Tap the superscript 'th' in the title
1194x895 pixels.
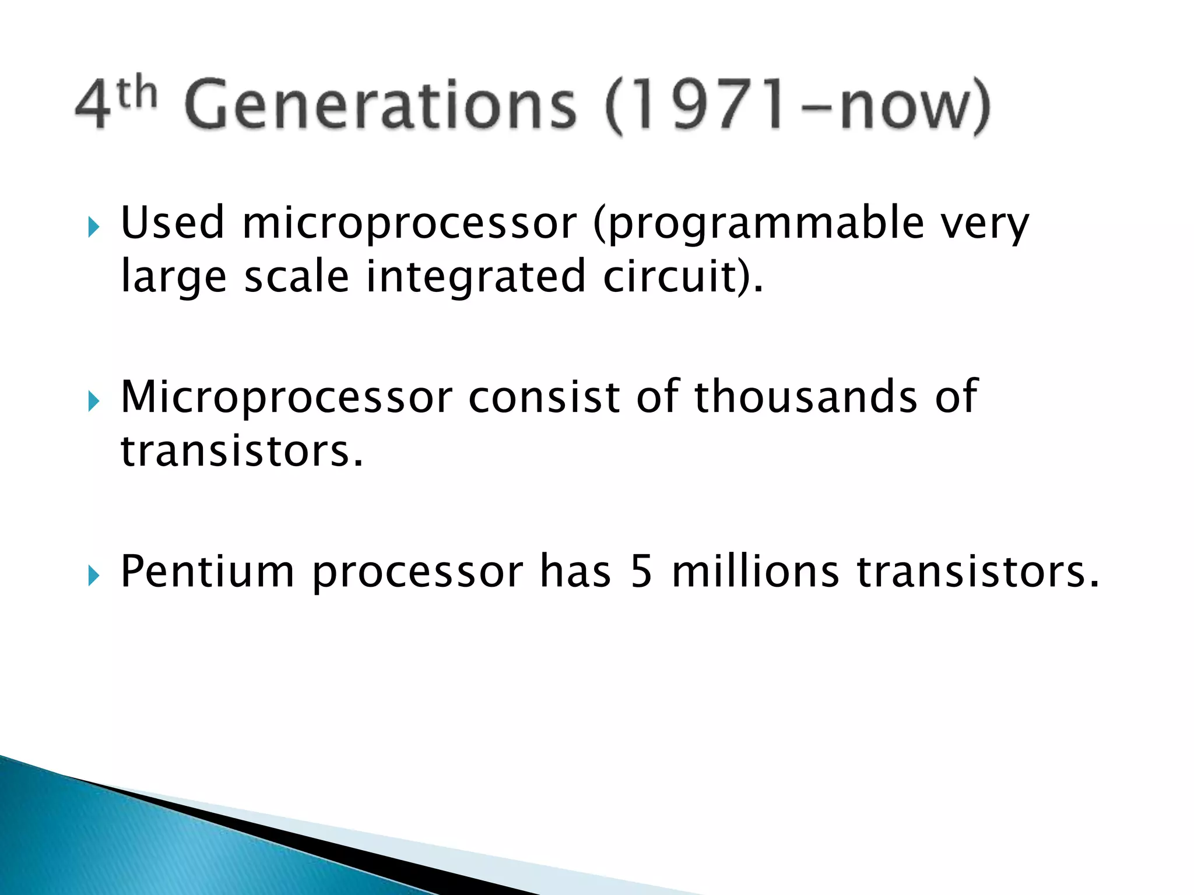pyautogui.click(x=138, y=93)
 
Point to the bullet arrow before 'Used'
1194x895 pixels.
pyautogui.click(x=94, y=227)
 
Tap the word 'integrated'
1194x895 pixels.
pyautogui.click(x=475, y=277)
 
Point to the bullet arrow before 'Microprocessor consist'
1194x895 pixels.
pyautogui.click(x=94, y=401)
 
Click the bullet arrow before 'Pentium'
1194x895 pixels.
pyautogui.click(x=94, y=576)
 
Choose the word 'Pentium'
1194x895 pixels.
pyautogui.click(x=207, y=572)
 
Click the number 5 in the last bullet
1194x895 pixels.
pyautogui.click(x=641, y=572)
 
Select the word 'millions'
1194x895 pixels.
pyautogui.click(x=755, y=572)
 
